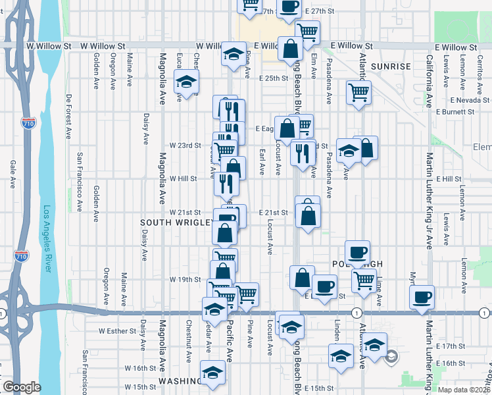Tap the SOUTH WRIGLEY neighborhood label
pyautogui.click(x=176, y=223)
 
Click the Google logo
pyautogui.click(x=22, y=387)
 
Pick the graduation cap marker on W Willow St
pyautogui.click(x=233, y=55)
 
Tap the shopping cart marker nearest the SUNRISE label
pyautogui.click(x=358, y=93)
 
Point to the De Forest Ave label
pyautogui.click(x=68, y=117)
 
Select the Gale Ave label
pyautogui.click(x=12, y=175)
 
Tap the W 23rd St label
pyautogui.click(x=185, y=145)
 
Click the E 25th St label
pyautogui.click(x=274, y=78)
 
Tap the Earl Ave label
pyautogui.click(x=261, y=162)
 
